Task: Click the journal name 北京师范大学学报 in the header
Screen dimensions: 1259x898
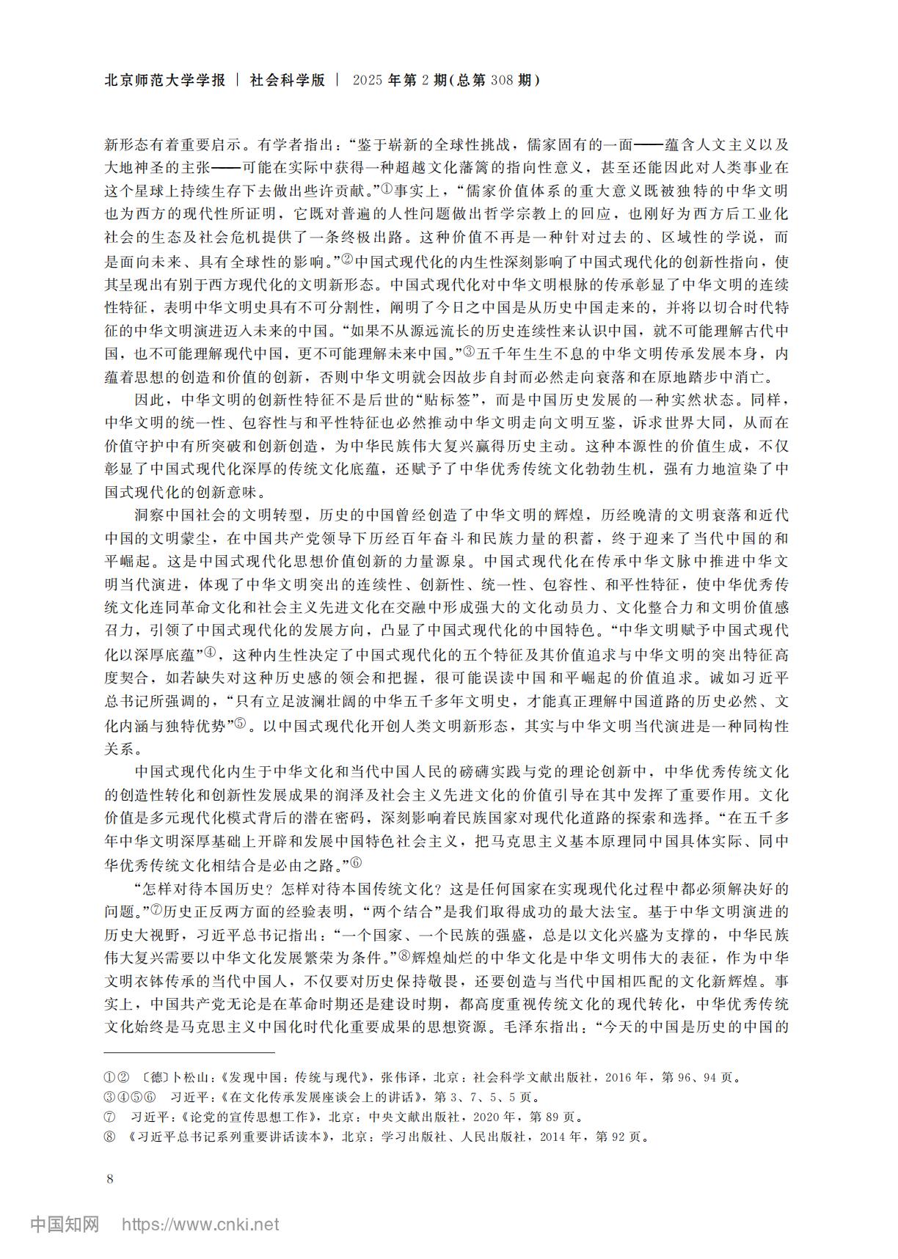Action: pos(165,81)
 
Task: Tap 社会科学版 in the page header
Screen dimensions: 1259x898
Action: pos(287,81)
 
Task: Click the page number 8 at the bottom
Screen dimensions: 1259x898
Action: pos(110,1179)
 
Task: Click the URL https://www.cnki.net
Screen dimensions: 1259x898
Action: pos(200,1224)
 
